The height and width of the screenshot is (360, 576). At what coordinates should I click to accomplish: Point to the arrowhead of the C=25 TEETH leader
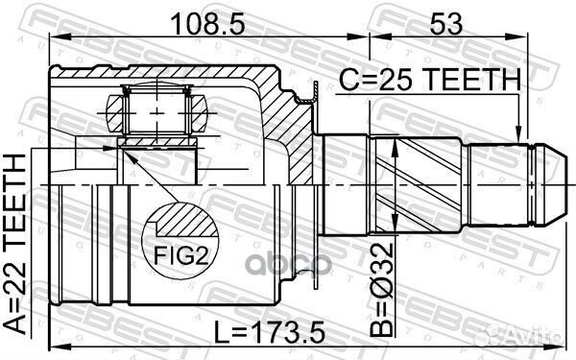click(518, 133)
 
